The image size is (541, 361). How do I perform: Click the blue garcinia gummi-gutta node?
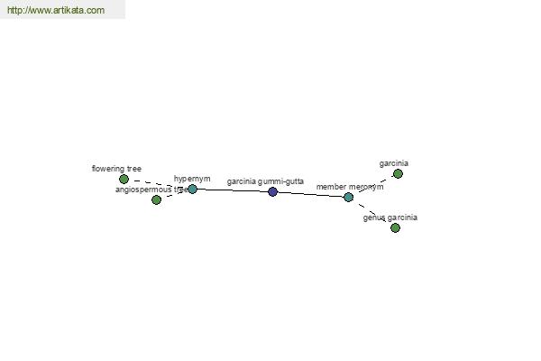pos(272,191)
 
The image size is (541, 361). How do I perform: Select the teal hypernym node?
pos(193,189)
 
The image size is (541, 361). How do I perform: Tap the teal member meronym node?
pos(348,198)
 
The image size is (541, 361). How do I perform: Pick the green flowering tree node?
pos(124,179)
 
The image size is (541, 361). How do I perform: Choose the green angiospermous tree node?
pos(156,199)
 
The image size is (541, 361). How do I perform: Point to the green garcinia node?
pos(398,174)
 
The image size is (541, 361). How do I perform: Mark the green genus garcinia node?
pos(395,227)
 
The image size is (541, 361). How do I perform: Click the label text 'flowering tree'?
pos(116,169)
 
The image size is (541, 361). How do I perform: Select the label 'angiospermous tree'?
pos(151,190)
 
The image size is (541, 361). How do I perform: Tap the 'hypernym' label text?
pos(192,179)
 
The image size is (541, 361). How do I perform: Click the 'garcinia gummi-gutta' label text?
pos(265,181)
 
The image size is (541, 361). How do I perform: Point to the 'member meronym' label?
pos(350,187)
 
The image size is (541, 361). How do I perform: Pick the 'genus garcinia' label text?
pos(390,218)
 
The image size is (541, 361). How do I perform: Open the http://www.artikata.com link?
pos(56,10)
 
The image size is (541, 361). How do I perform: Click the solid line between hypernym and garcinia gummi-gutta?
pos(233,190)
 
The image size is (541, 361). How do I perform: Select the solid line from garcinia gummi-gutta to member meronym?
pos(310,195)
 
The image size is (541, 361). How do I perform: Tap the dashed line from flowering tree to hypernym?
pos(158,184)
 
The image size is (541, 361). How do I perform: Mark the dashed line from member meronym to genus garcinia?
pos(371,212)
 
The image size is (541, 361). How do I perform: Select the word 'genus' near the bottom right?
pos(374,218)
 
